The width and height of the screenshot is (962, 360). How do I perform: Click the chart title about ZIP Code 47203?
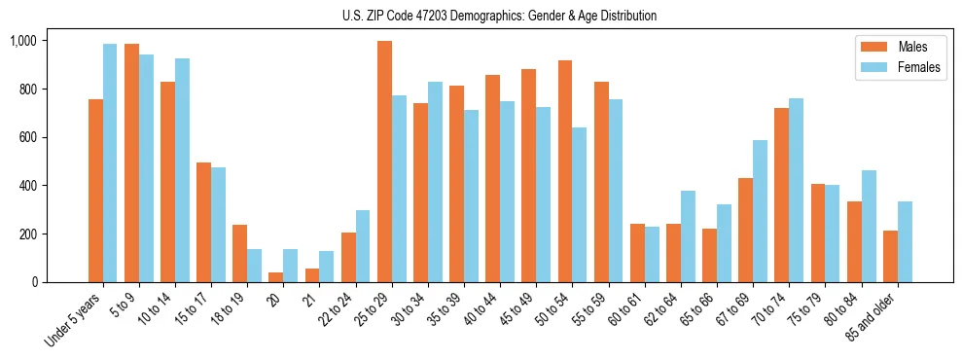[x=499, y=16]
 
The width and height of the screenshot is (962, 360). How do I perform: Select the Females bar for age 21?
[x=326, y=267]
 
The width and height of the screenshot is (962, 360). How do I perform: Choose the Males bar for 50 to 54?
[x=565, y=171]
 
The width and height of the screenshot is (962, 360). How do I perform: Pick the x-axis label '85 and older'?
[x=874, y=318]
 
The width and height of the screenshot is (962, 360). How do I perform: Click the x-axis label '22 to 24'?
[x=338, y=310]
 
